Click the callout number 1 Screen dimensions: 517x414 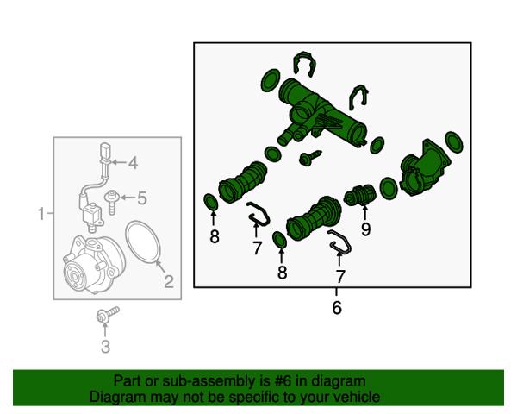41,214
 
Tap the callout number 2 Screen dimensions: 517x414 169,282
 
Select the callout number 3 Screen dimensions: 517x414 105,347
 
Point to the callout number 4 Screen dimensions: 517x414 133,163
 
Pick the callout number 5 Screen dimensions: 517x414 142,198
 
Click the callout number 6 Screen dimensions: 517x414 337,307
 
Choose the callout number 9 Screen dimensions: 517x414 365,229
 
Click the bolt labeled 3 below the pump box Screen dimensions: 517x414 108,315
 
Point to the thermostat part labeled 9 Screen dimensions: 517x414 359,196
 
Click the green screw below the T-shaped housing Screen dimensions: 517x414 310,158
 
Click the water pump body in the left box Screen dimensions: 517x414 94,264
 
